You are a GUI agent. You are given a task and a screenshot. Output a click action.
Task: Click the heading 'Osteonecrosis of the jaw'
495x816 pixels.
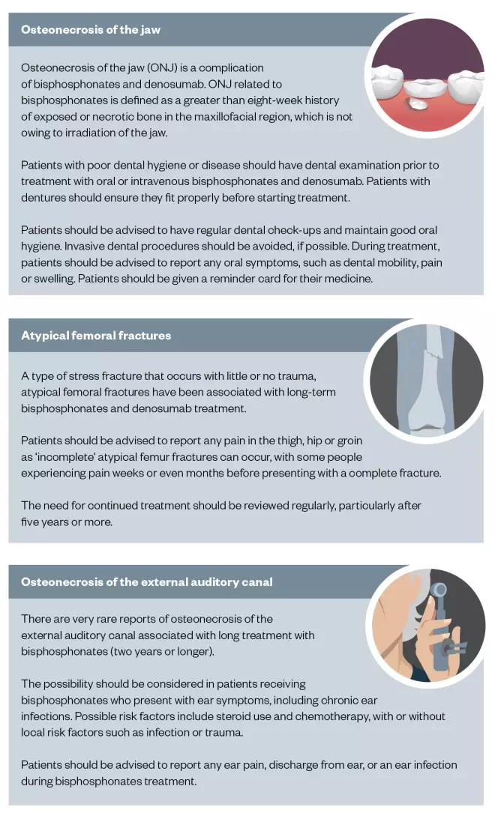click(91, 30)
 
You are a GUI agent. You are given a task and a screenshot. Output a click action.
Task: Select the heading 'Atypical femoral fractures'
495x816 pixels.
click(96, 335)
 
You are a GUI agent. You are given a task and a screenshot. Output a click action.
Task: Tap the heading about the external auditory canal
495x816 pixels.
click(146, 581)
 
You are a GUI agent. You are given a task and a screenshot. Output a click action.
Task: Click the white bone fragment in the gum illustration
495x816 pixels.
click(413, 101)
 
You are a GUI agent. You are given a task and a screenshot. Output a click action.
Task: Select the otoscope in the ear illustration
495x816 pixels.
click(441, 614)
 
